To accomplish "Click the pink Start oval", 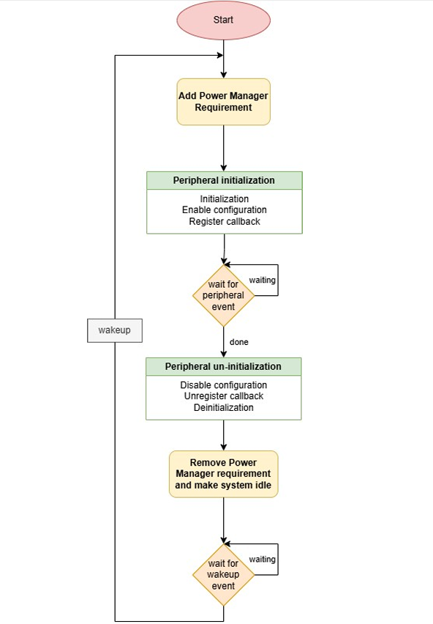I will point(224,20).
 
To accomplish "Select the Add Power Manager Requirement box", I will point(224,102).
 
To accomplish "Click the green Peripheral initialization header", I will point(224,180).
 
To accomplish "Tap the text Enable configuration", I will point(224,209).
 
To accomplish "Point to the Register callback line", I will point(224,220).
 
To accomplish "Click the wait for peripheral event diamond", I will point(224,295).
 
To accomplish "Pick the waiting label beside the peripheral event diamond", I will point(263,280).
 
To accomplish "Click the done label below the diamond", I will point(238,342).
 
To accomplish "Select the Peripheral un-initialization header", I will point(223,366).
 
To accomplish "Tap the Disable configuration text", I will point(223,385).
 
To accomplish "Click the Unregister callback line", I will point(223,396).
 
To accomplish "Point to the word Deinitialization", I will point(223,407).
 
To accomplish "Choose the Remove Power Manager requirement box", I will point(224,474).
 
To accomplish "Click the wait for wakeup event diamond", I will point(224,574).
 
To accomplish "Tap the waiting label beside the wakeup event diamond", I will point(263,559).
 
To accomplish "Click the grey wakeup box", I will point(114,330).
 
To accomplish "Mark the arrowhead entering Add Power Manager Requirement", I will point(224,75).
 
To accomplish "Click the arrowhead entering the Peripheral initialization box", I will point(224,168).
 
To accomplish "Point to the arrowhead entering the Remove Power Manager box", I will point(224,447).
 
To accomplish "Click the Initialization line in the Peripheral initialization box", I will point(224,198).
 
